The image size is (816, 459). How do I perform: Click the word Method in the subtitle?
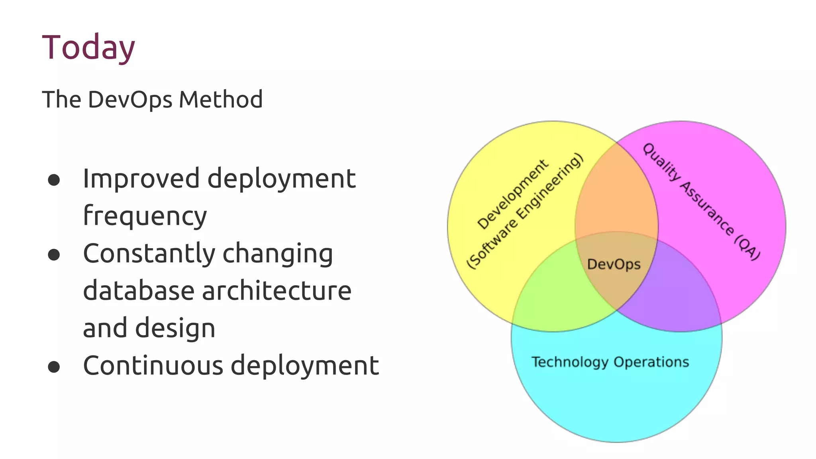point(220,100)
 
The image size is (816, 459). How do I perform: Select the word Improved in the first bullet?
point(141,179)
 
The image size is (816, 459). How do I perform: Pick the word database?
point(138,291)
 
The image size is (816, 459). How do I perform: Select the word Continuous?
point(153,366)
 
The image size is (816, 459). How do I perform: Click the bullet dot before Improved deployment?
point(54,180)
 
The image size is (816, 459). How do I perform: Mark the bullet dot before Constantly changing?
point(54,255)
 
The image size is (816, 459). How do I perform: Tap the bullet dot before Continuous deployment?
point(54,367)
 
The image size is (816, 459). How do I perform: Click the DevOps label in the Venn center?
point(614,264)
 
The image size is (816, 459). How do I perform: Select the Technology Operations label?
point(610,362)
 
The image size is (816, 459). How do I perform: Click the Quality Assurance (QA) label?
point(702,202)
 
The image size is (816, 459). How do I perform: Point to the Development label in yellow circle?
point(513,194)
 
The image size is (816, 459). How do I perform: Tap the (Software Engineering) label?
point(525,211)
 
